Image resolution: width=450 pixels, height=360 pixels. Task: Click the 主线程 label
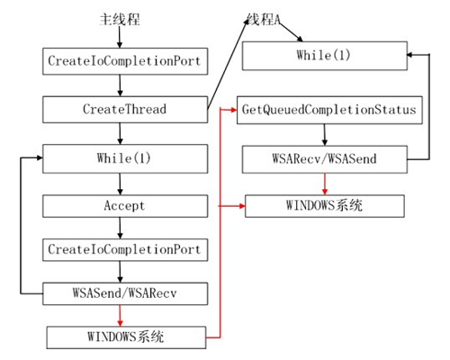click(x=120, y=20)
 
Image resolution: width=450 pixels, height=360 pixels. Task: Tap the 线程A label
click(x=263, y=20)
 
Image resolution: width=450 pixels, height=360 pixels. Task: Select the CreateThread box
click(x=125, y=110)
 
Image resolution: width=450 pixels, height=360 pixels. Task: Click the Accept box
click(x=125, y=206)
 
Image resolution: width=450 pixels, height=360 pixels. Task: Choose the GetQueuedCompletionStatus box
click(x=329, y=110)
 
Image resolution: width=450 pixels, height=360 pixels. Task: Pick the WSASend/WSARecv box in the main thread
click(x=125, y=293)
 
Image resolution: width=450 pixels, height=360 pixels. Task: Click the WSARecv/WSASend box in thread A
click(x=325, y=159)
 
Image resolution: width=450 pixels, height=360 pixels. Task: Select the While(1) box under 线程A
click(x=325, y=56)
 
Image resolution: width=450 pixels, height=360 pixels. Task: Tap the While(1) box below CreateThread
click(x=125, y=158)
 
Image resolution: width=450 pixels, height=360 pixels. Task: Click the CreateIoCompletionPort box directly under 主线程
click(x=125, y=61)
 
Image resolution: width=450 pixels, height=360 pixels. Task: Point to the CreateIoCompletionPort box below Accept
click(x=125, y=250)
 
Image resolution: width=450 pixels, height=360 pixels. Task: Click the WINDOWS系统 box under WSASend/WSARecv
click(x=126, y=337)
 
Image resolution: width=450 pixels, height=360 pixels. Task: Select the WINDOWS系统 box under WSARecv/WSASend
click(x=325, y=206)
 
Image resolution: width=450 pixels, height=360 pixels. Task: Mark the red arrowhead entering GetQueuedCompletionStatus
click(x=234, y=110)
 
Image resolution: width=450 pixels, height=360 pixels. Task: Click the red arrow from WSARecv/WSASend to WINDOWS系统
click(x=325, y=184)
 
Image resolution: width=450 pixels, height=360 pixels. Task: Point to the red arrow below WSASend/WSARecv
click(x=120, y=316)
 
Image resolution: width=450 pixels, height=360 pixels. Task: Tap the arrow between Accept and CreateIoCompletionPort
click(x=120, y=228)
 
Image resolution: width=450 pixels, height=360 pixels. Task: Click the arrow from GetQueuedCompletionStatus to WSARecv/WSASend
click(x=325, y=135)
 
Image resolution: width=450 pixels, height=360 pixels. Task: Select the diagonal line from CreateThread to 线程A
click(x=228, y=64)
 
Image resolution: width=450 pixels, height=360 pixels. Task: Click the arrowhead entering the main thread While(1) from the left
click(x=40, y=157)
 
